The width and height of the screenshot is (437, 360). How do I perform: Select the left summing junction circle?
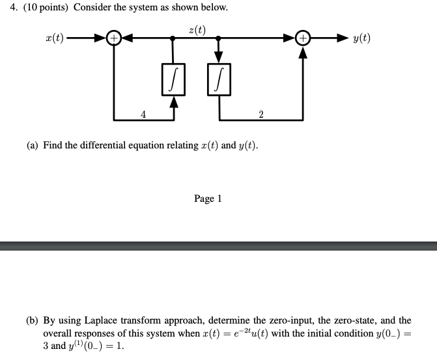pos(115,38)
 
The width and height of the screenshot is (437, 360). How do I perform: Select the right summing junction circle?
pos(303,38)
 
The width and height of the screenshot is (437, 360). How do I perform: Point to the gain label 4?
pos(143,115)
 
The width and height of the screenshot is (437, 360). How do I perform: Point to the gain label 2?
pos(261,115)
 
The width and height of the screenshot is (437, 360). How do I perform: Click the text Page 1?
pos(208,199)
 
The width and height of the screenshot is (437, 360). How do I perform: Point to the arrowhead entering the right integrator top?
pos(219,60)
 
